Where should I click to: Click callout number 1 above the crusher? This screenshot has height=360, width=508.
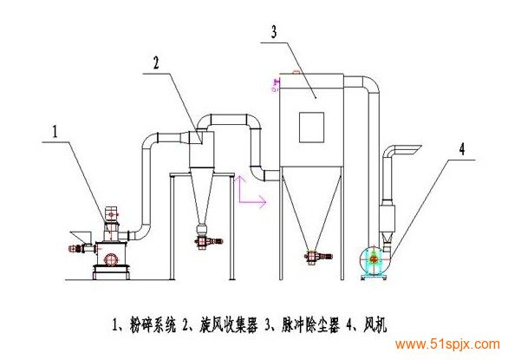pos(55,132)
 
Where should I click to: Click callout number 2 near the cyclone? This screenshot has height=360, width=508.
pos(156,62)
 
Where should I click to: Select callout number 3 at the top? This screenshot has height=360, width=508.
pos(274,32)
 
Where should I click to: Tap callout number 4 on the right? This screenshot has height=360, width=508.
pos(462,149)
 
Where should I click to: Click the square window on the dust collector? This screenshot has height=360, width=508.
pos(312,128)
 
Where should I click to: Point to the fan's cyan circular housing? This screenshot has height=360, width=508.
pos(374,259)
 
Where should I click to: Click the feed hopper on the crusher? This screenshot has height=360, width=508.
pos(81,237)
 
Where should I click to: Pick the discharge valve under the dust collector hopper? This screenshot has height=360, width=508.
pos(318,256)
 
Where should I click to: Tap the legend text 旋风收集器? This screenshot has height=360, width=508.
pos(228,324)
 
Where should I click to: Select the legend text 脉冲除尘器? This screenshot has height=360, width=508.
pos(310,324)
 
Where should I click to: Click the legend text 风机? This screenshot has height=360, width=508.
pos(374,324)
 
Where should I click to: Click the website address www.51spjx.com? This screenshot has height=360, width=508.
pos(447,344)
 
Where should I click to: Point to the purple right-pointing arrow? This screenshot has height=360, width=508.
pos(253,202)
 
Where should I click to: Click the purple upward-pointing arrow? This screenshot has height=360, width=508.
pos(239,189)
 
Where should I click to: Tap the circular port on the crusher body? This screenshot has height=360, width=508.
pos(110,259)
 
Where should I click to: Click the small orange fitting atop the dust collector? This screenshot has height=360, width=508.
pos(296,72)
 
